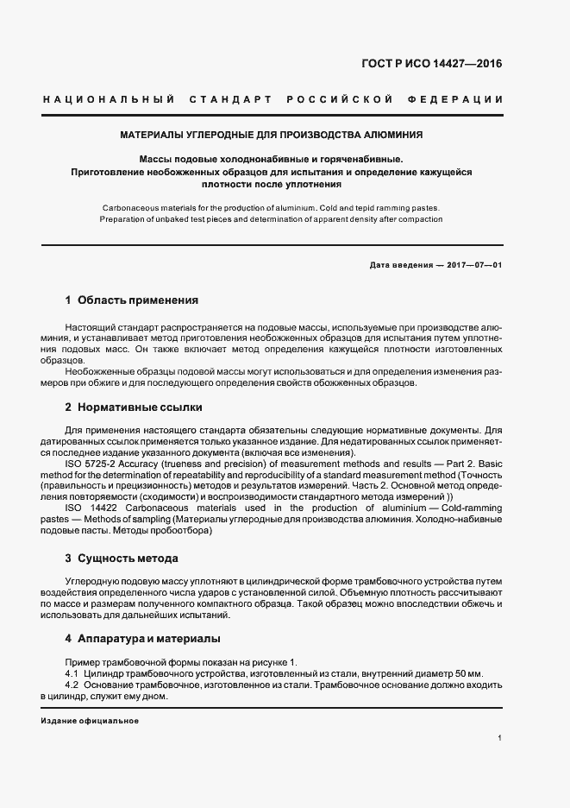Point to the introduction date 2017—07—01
coord(474,264)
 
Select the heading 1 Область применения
coord(132,300)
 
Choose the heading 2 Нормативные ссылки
coord(134,407)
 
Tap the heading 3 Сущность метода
coord(122,559)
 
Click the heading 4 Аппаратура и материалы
coord(142,639)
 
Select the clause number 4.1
coord(72,672)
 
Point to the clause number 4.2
coord(72,685)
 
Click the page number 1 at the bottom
coord(499,739)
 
